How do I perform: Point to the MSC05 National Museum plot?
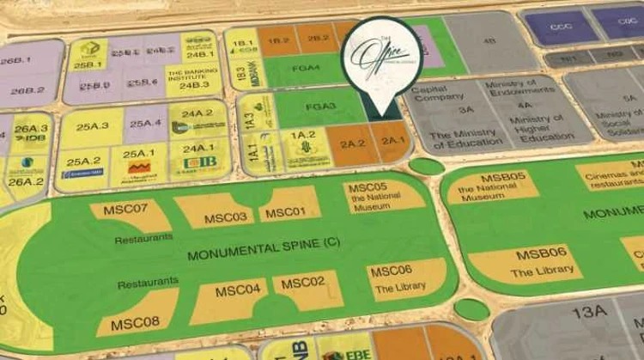[380, 194]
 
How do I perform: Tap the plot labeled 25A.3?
[92, 126]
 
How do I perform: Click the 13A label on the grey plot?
[589, 311]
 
